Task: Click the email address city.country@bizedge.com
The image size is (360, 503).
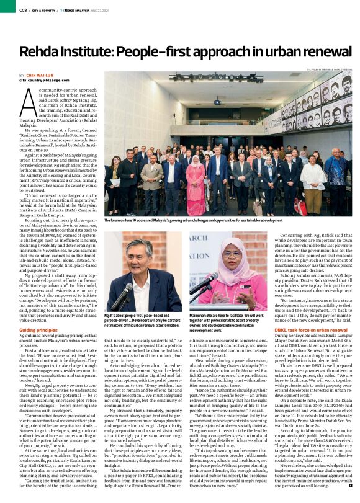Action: tap(46, 81)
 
